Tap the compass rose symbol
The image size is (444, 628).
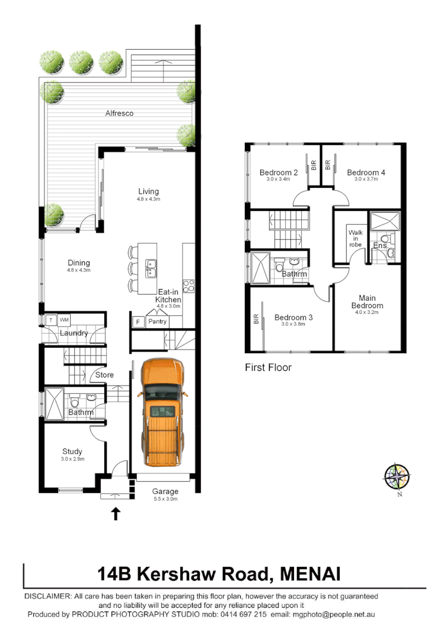click(397, 476)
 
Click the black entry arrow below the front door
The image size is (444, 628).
click(116, 514)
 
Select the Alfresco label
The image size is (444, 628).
click(119, 113)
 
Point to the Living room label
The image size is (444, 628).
click(149, 191)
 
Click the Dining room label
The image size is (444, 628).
click(78, 263)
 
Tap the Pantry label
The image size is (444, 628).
click(158, 322)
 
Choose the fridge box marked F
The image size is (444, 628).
click(138, 322)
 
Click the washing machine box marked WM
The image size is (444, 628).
click(64, 320)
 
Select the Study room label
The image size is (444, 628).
click(72, 451)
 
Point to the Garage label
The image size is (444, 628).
click(165, 491)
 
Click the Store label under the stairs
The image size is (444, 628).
click(104, 374)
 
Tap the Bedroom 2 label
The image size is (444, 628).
click(278, 172)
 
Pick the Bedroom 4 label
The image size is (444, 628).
click(366, 172)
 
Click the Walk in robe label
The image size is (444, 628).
click(355, 238)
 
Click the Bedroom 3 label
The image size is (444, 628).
click(293, 318)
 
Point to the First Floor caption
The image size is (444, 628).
click(268, 367)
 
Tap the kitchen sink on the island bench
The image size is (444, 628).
click(151, 269)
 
